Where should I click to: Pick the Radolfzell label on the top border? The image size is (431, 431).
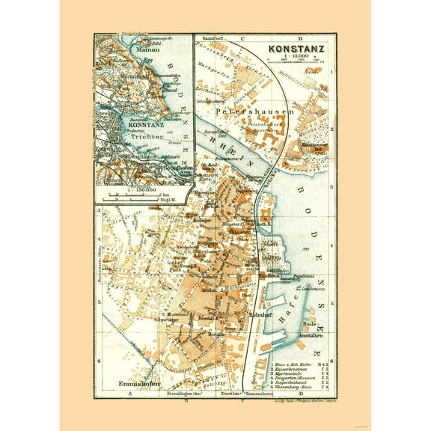(213, 37)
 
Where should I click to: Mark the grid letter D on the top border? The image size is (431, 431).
(298, 37)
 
